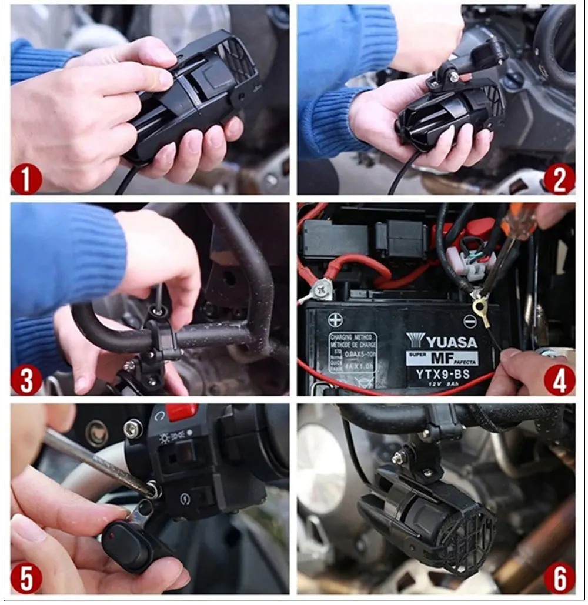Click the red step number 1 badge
tap(26, 179)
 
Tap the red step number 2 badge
tap(559, 179)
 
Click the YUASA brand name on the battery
tap(444, 342)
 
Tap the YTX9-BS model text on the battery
tap(442, 375)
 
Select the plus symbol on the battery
tap(335, 320)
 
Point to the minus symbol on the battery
tap(469, 321)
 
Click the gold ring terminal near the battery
tap(482, 307)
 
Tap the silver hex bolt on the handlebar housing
tap(132, 429)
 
